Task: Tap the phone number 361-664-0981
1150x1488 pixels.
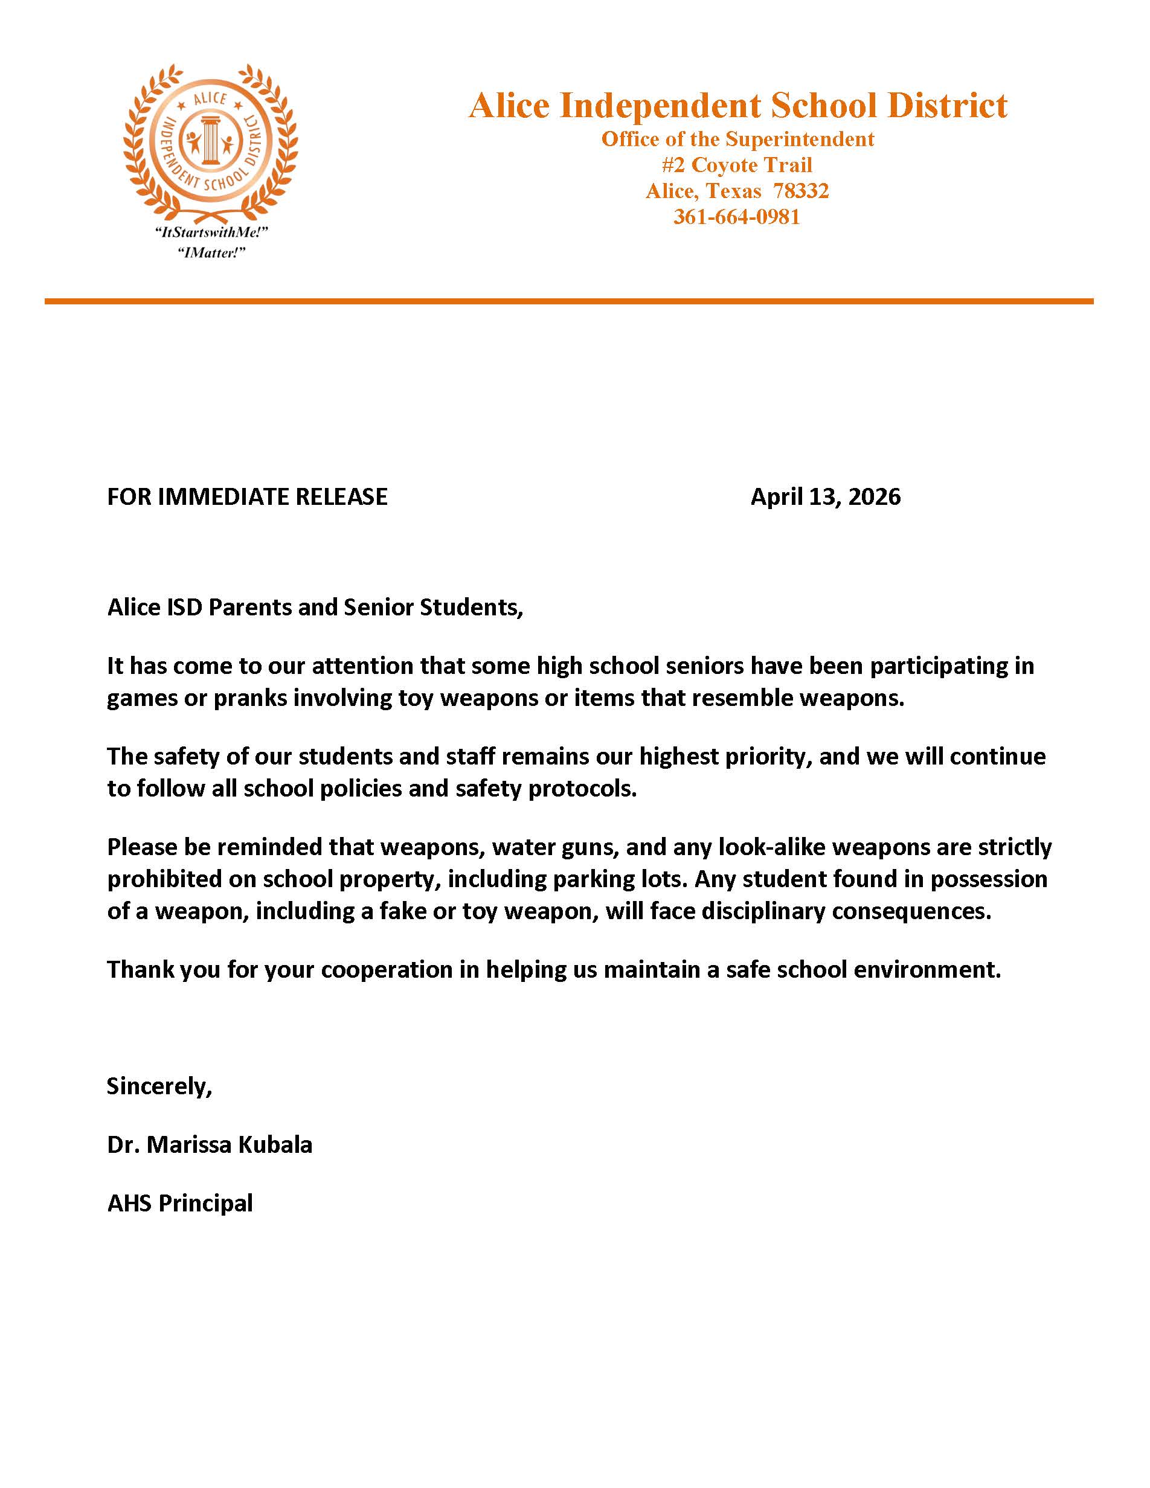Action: click(736, 217)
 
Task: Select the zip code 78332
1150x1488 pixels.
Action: click(800, 191)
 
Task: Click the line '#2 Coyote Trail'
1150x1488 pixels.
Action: click(736, 165)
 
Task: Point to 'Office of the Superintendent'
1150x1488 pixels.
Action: click(737, 139)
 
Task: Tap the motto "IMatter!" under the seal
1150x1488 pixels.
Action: click(211, 253)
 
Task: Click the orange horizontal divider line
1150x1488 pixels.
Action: click(568, 301)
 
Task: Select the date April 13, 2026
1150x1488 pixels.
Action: click(825, 496)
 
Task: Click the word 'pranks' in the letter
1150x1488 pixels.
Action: click(250, 698)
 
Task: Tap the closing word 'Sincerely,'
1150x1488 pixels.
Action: click(159, 1086)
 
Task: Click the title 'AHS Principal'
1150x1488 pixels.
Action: click(180, 1203)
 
